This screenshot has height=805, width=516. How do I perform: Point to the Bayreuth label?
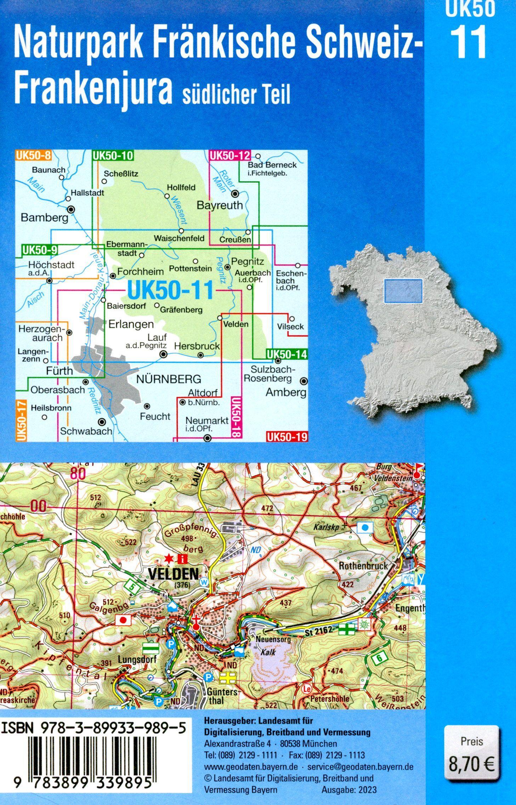tap(220, 205)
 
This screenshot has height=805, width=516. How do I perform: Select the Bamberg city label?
tap(44, 217)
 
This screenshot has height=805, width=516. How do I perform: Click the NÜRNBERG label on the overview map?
tap(169, 380)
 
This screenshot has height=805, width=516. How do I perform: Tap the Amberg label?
tap(286, 392)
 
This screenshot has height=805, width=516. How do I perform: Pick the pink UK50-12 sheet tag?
tap(230, 155)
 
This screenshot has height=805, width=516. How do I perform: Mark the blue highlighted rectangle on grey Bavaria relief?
tap(403, 291)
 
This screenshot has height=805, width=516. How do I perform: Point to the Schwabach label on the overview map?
tap(86, 431)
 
